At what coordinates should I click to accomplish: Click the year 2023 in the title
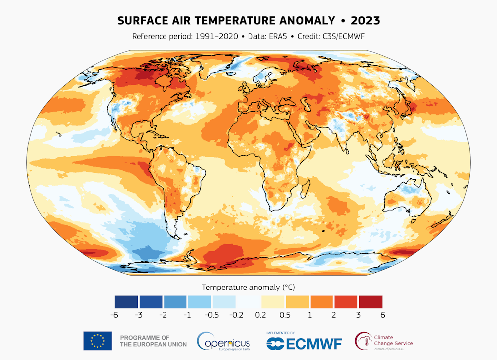point(365,20)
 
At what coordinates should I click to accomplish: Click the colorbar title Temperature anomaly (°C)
point(248,287)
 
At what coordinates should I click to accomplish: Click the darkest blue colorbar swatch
point(127,302)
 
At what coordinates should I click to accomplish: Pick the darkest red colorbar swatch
point(370,302)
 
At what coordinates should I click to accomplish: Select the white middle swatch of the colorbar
point(248,302)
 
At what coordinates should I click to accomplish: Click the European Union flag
point(98,341)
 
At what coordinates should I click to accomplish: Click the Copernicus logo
point(224,341)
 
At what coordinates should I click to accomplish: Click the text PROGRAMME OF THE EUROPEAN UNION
point(153,341)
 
